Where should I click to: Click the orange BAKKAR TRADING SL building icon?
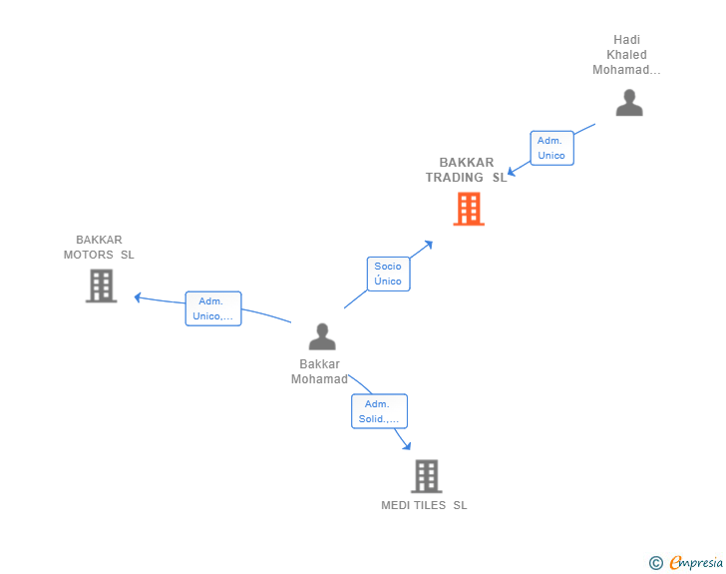469,209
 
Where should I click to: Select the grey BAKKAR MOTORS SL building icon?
101,286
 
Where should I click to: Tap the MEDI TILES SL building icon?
426,476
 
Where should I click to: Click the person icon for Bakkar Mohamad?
321,336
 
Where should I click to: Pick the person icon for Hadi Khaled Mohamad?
628,103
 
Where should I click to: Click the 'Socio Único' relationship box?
388,274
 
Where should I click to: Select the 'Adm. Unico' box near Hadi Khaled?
551,148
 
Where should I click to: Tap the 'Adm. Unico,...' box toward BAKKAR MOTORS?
213,308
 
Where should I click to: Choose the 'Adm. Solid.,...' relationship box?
379,411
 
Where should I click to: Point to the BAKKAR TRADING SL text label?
467,170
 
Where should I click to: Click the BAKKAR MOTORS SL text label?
99,247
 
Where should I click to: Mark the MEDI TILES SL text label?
424,505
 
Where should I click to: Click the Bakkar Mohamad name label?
319,371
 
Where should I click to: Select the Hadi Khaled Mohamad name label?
627,55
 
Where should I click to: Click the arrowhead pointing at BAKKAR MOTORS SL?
139,296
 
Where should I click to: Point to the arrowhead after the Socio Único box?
428,244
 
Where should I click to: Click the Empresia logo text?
696,563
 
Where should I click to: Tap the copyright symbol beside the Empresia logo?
656,563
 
